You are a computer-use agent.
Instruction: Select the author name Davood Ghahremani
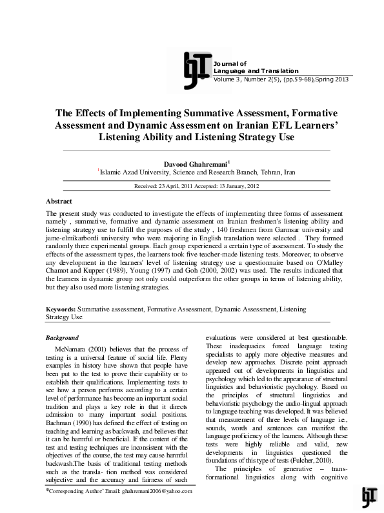click(190, 164)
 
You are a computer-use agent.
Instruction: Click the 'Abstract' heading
click(59, 202)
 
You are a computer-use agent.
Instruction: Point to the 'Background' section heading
click(63, 338)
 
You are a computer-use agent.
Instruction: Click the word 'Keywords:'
click(61, 310)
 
